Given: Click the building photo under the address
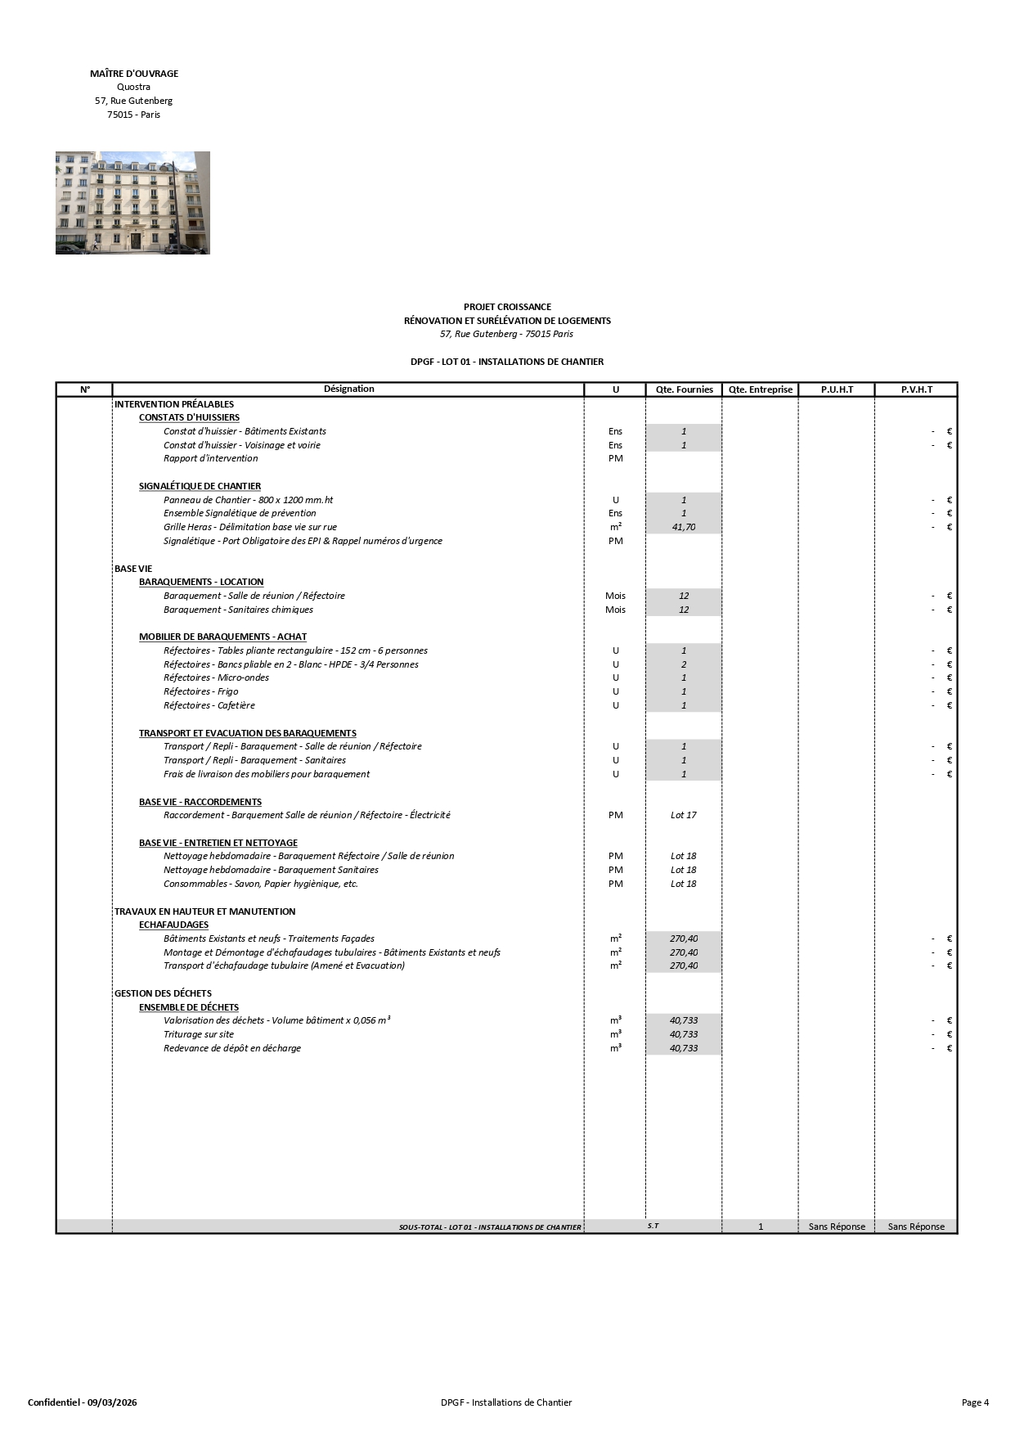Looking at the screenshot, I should point(132,202).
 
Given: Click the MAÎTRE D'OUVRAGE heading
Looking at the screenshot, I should point(134,74).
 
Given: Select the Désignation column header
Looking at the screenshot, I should point(348,389).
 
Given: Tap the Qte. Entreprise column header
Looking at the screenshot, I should point(760,389).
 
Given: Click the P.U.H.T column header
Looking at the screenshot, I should point(837,389).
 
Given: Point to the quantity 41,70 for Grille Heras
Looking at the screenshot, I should point(684,527).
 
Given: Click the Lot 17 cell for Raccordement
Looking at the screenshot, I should point(684,815).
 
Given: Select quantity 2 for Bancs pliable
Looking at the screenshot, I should point(684,664).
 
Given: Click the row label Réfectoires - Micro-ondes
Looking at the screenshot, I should point(216,677).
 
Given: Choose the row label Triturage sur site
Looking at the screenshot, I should point(199,1034).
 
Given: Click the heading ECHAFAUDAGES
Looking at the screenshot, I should point(173,925).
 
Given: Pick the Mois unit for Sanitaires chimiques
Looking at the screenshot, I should point(615,610).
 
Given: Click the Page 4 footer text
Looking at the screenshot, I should point(975,1402).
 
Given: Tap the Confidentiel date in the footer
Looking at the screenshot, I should point(83,1402).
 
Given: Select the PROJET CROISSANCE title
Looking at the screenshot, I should point(507,307).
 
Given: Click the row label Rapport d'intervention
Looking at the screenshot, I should point(210,458).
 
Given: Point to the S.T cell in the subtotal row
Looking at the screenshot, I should point(653,1226).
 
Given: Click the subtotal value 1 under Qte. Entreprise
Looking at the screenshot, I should point(761,1227).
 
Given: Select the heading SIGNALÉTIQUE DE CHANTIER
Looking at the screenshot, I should point(200,486).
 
